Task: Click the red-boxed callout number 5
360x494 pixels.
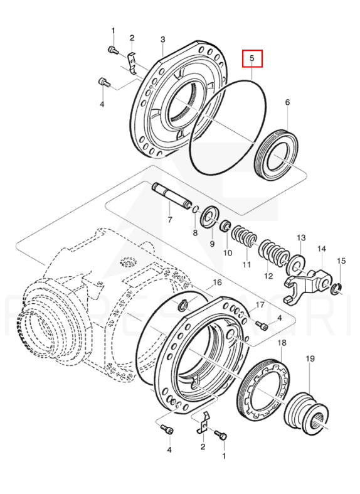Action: [251, 58]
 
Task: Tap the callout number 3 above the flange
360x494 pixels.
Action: [162, 40]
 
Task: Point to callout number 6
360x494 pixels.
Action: [287, 102]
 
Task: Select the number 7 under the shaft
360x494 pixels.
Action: [170, 219]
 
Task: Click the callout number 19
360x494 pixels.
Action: [310, 358]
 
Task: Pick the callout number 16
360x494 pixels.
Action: [218, 282]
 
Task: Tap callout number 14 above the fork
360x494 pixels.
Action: [321, 249]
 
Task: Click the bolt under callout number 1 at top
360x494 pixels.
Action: [113, 50]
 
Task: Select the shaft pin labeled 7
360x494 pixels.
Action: [172, 195]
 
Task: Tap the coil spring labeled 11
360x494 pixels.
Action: [245, 237]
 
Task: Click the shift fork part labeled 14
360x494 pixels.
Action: [308, 285]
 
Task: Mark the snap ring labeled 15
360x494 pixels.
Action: [337, 289]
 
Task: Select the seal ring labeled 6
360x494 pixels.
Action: [277, 155]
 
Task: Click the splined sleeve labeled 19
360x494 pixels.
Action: [307, 411]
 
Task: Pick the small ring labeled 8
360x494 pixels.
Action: [195, 209]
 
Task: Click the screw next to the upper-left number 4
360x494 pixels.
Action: [105, 83]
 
